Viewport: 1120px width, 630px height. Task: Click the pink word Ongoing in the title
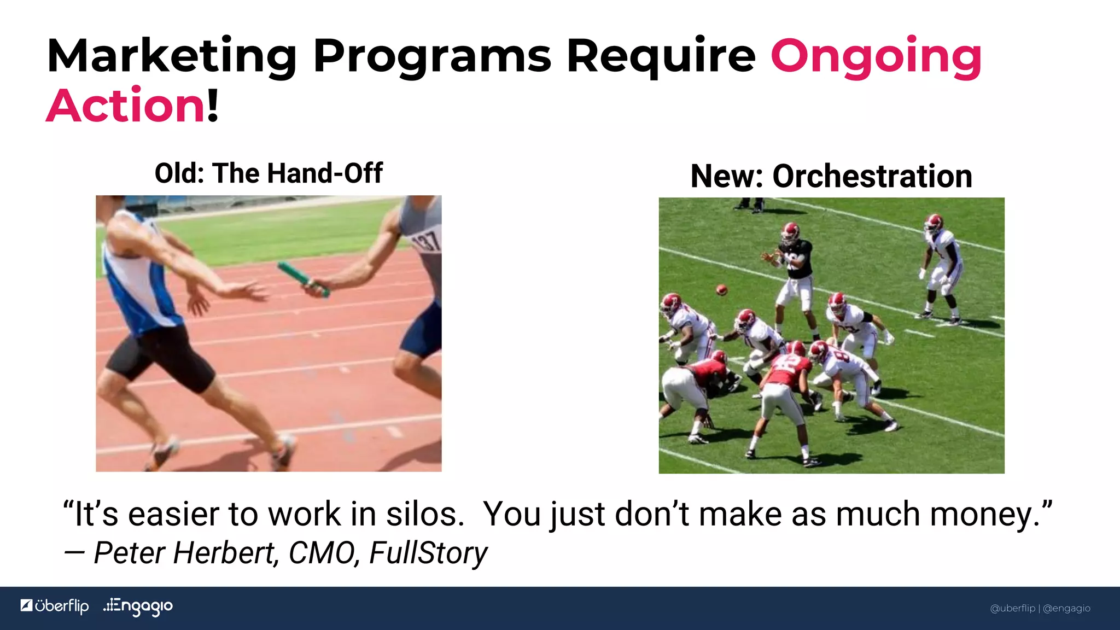[876, 57]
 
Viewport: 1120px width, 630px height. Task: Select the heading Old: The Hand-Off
[269, 173]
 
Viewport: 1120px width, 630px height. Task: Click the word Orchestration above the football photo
[872, 177]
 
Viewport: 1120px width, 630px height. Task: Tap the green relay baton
[302, 279]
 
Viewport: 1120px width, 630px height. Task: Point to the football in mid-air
[722, 290]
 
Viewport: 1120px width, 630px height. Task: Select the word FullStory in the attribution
[428, 553]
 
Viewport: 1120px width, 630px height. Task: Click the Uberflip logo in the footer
[55, 606]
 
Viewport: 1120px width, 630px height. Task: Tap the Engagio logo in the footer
[138, 606]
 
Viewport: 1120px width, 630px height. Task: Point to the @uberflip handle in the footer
[1013, 608]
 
